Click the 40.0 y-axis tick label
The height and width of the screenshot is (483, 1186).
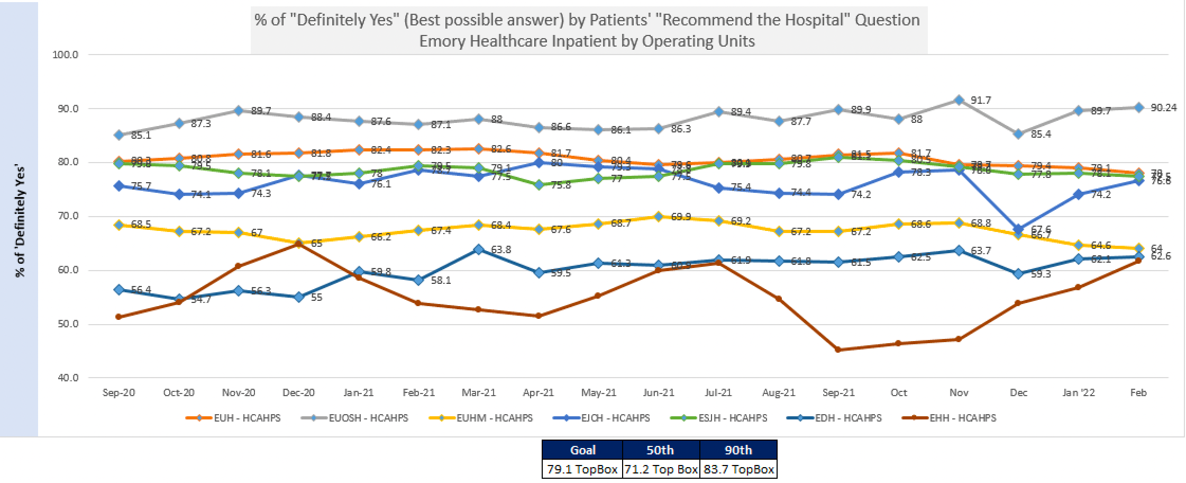pos(67,378)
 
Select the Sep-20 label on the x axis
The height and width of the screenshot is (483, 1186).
pos(118,392)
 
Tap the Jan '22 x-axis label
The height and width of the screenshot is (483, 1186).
pos(1079,392)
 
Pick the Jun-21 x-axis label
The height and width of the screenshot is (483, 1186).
pos(659,392)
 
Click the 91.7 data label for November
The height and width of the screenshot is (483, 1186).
pos(981,100)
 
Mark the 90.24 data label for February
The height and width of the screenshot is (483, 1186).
pos(1164,108)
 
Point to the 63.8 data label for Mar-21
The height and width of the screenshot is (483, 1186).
pos(501,249)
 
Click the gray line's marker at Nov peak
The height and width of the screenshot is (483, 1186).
pos(959,100)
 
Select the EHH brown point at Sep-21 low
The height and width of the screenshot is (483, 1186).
pos(838,350)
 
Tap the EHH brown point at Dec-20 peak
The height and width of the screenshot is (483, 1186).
pos(299,244)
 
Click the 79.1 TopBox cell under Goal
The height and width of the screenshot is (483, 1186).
pos(582,469)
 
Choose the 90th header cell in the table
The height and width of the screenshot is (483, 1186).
pos(738,450)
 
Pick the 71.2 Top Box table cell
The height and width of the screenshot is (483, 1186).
pos(661,469)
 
